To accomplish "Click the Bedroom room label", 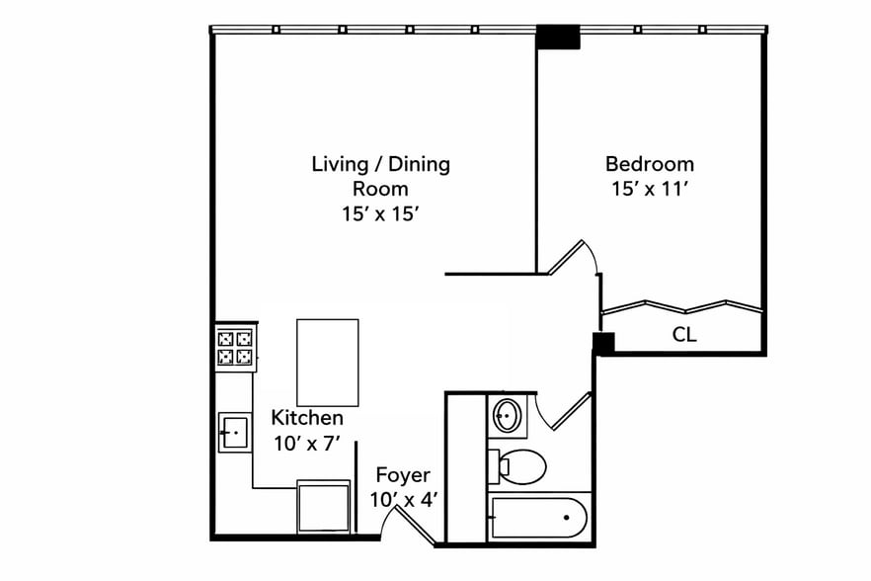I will pyautogui.click(x=649, y=164).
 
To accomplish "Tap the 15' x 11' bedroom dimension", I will pyautogui.click(x=649, y=189).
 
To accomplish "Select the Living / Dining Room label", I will pyautogui.click(x=380, y=175).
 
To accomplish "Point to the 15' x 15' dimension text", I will pyautogui.click(x=380, y=212).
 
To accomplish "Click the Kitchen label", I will pyautogui.click(x=307, y=418).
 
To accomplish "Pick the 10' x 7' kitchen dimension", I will pyautogui.click(x=307, y=444).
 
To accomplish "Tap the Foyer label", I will pyautogui.click(x=402, y=475).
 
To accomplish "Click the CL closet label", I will pyautogui.click(x=684, y=335).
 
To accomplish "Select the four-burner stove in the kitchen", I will pyautogui.click(x=235, y=347).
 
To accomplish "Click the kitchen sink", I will pyautogui.click(x=235, y=432).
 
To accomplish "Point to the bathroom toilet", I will pyautogui.click(x=519, y=465).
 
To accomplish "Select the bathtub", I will pyautogui.click(x=539, y=516).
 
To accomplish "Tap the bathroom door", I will pyautogui.click(x=566, y=412).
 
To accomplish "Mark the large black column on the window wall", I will pyautogui.click(x=558, y=38).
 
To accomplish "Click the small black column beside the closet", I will pyautogui.click(x=603, y=343).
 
